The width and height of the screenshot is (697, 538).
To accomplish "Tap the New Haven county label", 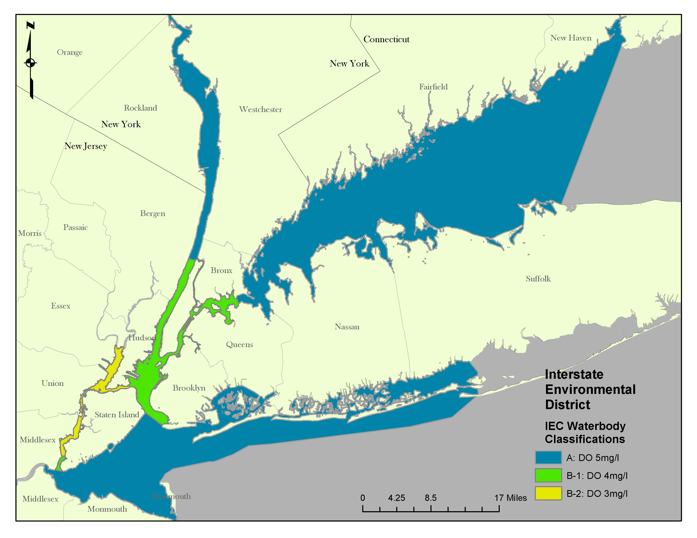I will tap(571, 38).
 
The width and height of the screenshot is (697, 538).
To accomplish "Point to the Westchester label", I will tap(260, 109).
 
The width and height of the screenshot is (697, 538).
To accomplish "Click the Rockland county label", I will tap(140, 108).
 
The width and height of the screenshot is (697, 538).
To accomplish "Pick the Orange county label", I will tap(69, 52).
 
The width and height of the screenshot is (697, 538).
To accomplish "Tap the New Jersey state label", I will tap(86, 146).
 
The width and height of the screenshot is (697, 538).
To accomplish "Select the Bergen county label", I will tap(152, 213).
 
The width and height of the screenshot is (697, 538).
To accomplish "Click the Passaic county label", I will tap(75, 227).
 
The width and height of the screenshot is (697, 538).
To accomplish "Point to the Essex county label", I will tap(61, 306).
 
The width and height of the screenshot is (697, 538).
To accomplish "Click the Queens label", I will tap(239, 344).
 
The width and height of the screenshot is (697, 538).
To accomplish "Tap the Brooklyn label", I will tap(189, 388).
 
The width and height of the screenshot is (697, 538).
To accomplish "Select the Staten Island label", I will tap(117, 414).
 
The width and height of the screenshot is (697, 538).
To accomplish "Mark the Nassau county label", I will tap(347, 326).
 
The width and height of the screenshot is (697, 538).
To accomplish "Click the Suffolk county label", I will tap(538, 278).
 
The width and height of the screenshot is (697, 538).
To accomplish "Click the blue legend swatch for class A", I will tap(548, 457).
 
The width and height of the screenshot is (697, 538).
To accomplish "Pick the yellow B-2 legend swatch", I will tap(548, 493).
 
